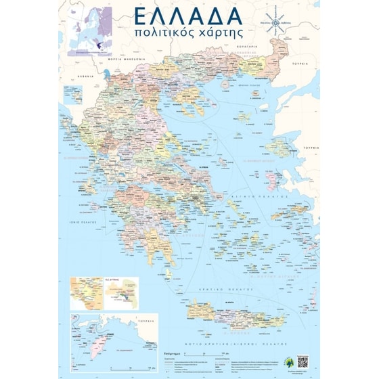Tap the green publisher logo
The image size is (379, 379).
pyautogui.click(x=290, y=362)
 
